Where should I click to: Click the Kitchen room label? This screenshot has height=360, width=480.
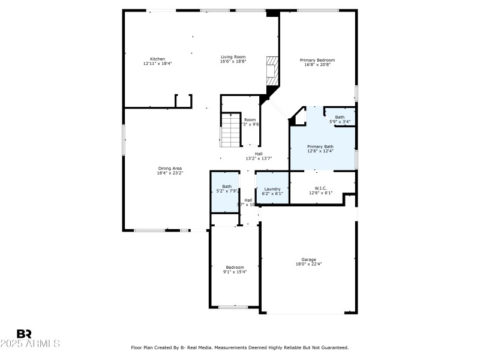[157, 59]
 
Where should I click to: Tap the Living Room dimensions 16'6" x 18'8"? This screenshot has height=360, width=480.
[233, 61]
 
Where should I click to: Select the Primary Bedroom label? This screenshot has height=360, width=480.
[317, 60]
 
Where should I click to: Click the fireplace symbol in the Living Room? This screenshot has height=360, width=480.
[274, 69]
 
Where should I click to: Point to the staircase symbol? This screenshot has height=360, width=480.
[230, 129]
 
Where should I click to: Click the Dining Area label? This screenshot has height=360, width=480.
[170, 168]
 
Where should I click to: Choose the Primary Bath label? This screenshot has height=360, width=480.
[320, 146]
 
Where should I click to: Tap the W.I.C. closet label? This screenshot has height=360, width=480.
[320, 189]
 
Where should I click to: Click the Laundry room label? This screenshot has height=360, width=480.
[272, 189]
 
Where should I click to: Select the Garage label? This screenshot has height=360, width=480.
[309, 259]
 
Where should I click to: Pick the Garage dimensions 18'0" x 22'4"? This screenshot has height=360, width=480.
[309, 264]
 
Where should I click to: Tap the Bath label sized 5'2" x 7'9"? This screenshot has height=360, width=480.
[227, 191]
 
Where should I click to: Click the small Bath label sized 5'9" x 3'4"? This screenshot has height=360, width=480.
[340, 122]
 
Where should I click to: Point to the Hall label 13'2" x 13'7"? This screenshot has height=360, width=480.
[259, 158]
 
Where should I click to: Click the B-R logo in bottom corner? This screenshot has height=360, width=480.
[24, 334]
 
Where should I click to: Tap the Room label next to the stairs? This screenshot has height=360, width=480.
[250, 119]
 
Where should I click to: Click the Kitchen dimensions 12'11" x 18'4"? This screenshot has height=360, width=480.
[157, 64]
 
